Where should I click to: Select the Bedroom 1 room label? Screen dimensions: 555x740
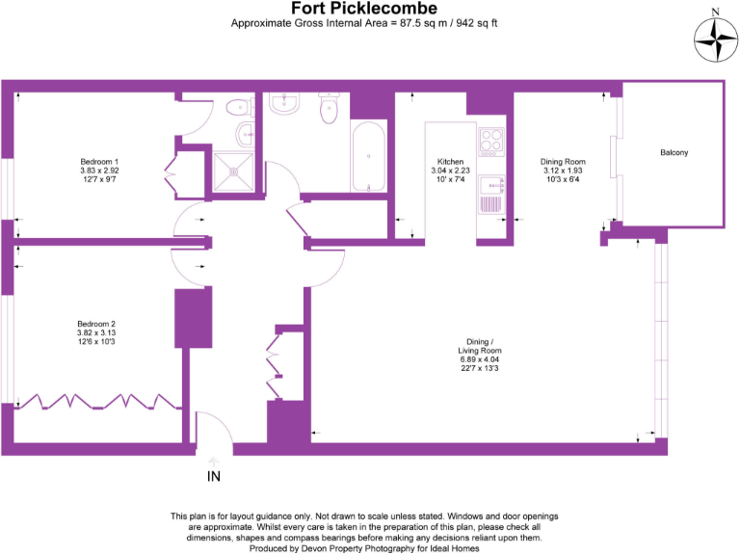click(x=99, y=161)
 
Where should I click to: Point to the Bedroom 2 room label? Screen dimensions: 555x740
click(x=97, y=324)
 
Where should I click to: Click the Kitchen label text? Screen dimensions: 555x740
click(x=451, y=162)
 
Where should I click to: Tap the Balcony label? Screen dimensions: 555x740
click(x=674, y=153)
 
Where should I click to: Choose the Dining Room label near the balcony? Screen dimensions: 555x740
click(x=564, y=162)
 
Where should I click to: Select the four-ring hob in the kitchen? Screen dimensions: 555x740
click(x=491, y=143)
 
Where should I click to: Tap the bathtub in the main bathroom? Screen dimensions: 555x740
click(x=369, y=157)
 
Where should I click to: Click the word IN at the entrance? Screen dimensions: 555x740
click(x=214, y=475)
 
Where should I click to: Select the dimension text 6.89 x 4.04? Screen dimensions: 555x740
click(x=480, y=359)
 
